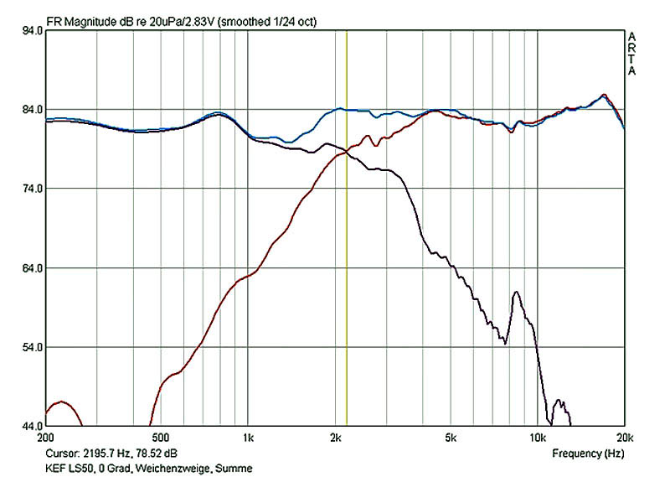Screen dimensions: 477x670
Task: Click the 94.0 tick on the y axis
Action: [x=32, y=30]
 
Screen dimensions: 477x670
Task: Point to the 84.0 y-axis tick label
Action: [x=32, y=110]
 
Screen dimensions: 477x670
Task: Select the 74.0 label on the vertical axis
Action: [x=32, y=189]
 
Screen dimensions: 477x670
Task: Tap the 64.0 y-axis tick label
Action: [x=32, y=268]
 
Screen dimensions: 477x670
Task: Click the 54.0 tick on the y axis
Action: [x=32, y=347]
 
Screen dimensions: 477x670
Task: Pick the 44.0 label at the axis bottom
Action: [x=32, y=426]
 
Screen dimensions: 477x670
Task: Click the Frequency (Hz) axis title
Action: [x=588, y=454]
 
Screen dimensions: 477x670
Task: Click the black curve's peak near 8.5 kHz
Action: [x=517, y=292]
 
